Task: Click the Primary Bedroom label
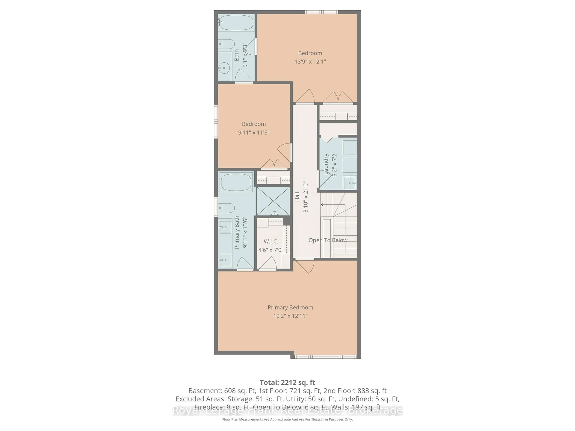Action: (290, 307)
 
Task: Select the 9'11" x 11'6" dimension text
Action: (254, 132)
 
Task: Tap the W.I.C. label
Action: (271, 241)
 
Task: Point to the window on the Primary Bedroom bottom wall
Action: (326, 357)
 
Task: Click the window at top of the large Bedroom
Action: (321, 12)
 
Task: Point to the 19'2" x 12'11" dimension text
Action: (290, 316)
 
